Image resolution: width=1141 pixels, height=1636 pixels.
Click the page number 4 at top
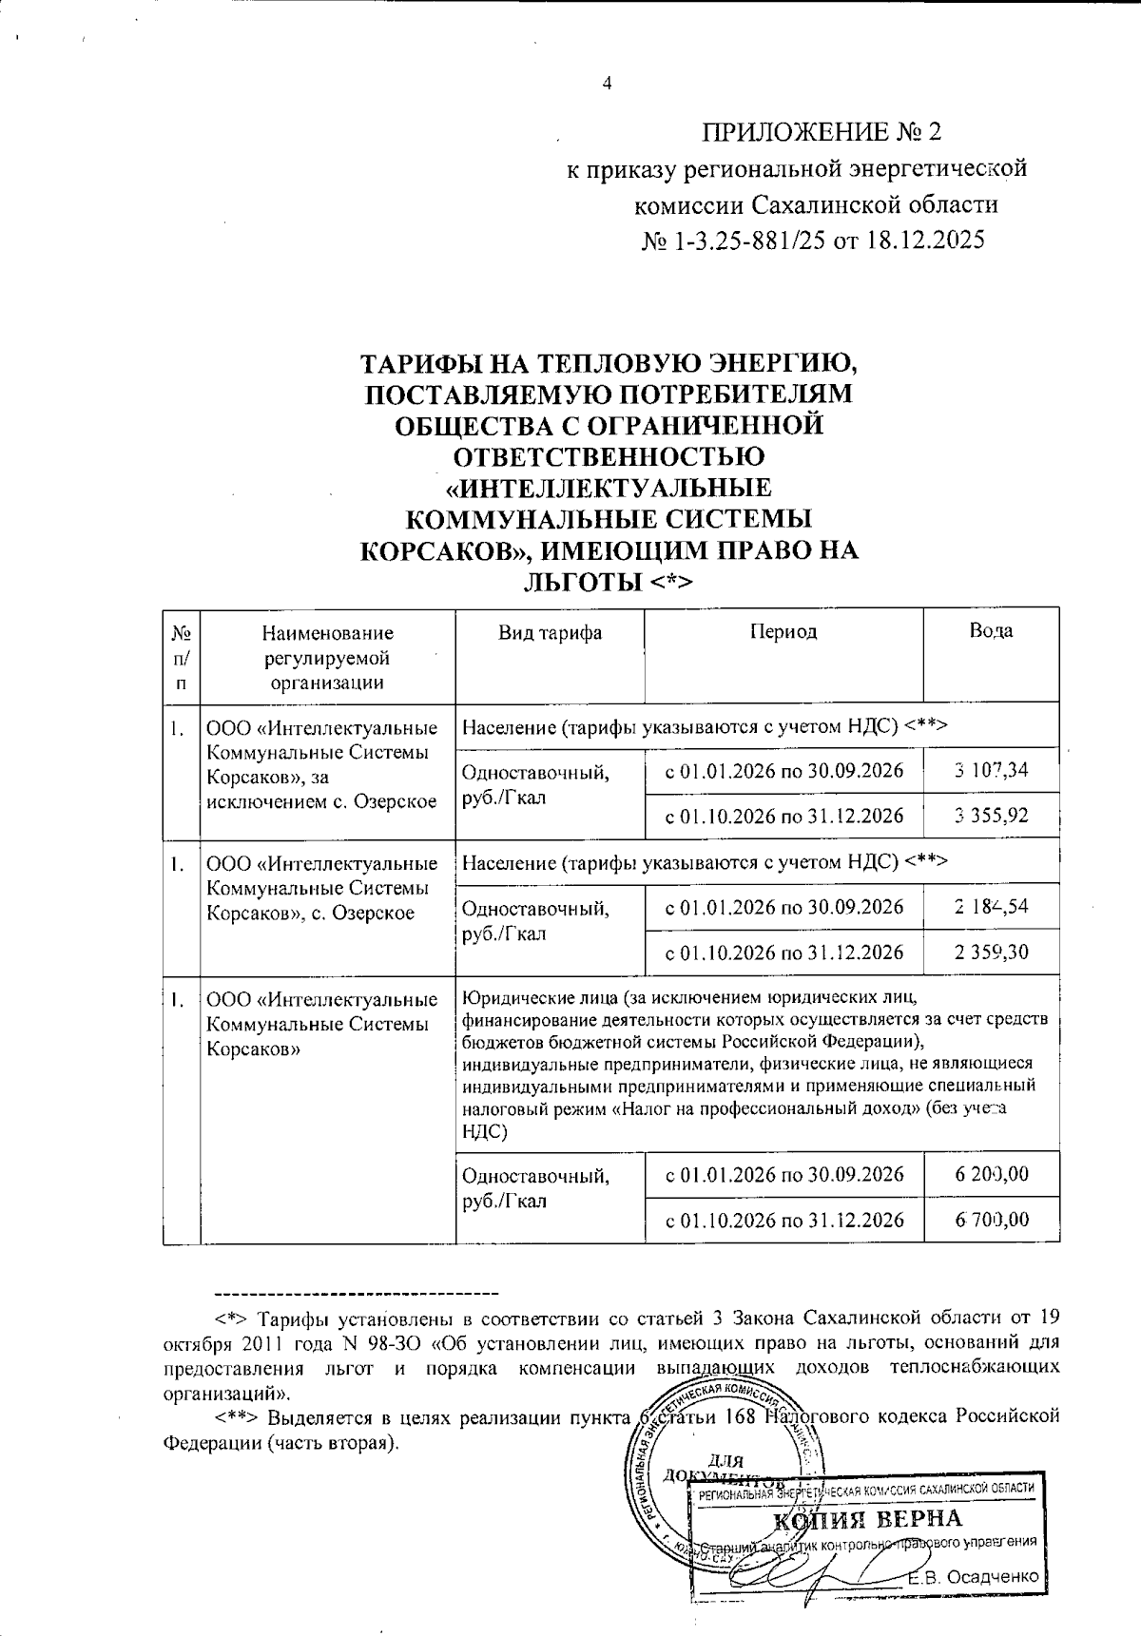(607, 84)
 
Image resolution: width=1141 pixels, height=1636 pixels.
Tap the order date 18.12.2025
(923, 241)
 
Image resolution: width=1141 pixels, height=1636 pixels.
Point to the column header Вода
(991, 632)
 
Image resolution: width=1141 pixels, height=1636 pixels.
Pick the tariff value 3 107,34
(992, 770)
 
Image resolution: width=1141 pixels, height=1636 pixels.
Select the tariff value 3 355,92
(992, 816)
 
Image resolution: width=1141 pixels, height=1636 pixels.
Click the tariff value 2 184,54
(992, 907)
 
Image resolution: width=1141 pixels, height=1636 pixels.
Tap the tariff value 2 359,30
(992, 952)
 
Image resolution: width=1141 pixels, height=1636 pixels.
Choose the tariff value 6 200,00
(992, 1175)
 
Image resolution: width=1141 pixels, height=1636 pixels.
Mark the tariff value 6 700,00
(992, 1220)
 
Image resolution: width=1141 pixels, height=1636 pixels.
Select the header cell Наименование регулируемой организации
(327, 656)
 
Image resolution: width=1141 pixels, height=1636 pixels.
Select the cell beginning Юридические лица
(757, 1065)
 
